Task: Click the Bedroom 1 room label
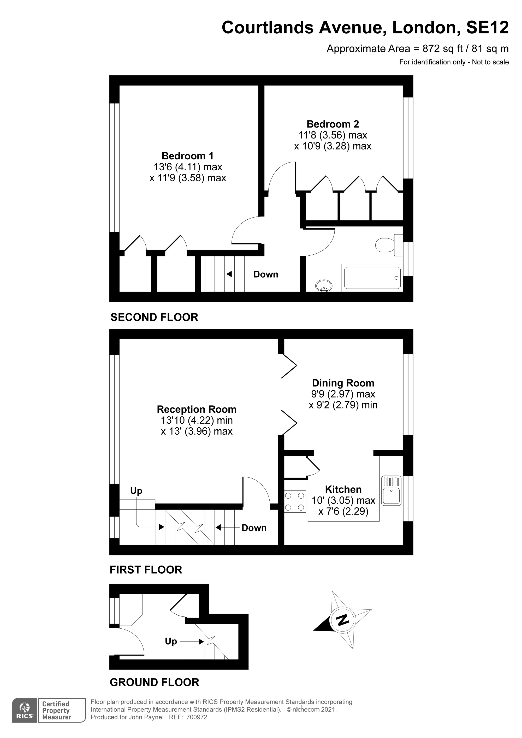point(187,156)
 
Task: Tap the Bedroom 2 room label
point(333,124)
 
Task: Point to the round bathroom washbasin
point(324,285)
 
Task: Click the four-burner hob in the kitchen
point(295,501)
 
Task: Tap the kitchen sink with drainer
point(391,491)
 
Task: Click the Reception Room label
point(197,409)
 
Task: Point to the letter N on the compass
point(342,619)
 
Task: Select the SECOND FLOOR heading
point(154,317)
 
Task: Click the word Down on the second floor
point(266,274)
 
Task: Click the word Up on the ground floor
point(171,641)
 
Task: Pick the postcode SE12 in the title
point(487,28)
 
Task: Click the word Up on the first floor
point(136,490)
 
